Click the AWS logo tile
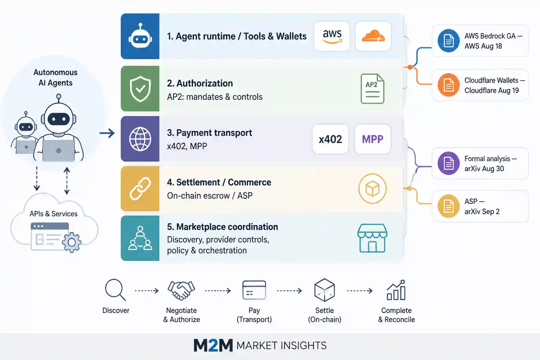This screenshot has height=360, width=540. (x=332, y=36)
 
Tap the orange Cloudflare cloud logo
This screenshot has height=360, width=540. (x=373, y=36)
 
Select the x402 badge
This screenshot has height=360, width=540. (x=330, y=139)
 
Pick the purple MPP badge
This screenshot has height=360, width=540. (x=373, y=139)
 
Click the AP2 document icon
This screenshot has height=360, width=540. (x=372, y=89)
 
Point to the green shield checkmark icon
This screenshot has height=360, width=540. (x=140, y=89)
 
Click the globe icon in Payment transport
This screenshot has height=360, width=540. (x=140, y=139)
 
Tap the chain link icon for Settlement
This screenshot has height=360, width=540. (x=140, y=188)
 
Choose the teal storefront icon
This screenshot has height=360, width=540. (x=372, y=238)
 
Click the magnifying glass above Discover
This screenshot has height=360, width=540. (x=115, y=290)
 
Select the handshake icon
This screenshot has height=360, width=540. (x=181, y=290)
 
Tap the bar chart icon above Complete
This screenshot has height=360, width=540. (x=396, y=290)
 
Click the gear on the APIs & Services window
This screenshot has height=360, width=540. (x=72, y=242)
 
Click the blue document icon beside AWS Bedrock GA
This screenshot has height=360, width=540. (x=448, y=41)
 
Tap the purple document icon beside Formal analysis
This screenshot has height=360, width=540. (x=448, y=163)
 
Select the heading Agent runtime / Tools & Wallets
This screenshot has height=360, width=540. (x=237, y=36)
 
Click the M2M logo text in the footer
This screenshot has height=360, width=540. (x=213, y=345)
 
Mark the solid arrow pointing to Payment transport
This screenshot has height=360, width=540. (x=107, y=133)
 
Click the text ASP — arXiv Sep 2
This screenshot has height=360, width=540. (x=482, y=206)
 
